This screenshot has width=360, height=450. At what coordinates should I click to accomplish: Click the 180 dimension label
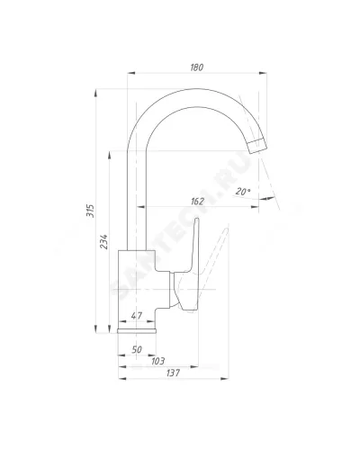(197, 67)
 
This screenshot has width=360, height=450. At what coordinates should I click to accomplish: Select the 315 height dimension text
(90, 211)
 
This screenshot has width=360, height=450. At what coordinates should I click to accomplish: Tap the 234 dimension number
(103, 241)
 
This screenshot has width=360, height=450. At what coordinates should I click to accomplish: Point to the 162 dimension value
(197, 202)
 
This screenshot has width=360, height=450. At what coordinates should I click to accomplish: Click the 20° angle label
(243, 191)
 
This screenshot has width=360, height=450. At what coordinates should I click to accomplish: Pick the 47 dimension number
(137, 316)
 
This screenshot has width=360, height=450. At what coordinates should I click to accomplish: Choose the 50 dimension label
(137, 349)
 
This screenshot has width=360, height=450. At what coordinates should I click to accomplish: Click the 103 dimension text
(158, 361)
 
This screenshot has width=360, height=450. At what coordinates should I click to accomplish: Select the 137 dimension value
(174, 373)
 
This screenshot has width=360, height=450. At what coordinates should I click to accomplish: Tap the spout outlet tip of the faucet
(258, 147)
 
